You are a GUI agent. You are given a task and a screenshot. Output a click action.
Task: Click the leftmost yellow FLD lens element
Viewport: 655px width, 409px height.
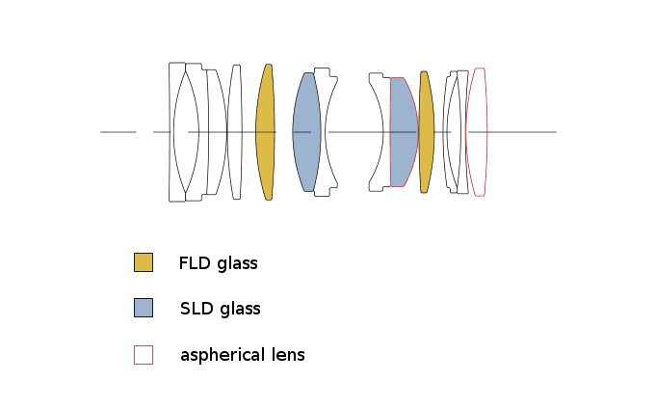(x=265, y=132)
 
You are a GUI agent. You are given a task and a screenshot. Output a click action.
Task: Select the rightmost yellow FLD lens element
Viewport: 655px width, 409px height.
(x=426, y=132)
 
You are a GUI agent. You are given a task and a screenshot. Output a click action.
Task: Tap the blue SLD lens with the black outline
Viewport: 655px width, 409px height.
(x=305, y=132)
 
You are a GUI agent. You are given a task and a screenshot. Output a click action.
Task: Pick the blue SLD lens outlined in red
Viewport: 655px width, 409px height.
(x=402, y=132)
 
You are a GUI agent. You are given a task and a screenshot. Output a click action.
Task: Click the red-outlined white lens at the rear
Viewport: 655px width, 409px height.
(x=477, y=132)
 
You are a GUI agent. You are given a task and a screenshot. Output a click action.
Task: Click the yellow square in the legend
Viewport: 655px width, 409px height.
(x=144, y=262)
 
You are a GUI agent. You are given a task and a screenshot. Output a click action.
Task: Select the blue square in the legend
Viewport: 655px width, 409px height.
(x=144, y=308)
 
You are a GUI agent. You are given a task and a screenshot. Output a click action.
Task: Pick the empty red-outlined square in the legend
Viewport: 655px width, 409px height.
(x=144, y=354)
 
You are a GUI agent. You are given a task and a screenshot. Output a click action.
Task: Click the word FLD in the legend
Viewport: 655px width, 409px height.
(x=195, y=263)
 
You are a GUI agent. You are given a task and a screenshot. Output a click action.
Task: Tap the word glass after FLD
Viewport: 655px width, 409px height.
(x=237, y=263)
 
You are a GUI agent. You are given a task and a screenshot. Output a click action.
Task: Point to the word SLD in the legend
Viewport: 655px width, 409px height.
(x=196, y=309)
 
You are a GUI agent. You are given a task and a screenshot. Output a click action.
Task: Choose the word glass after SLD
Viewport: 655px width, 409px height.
(x=239, y=309)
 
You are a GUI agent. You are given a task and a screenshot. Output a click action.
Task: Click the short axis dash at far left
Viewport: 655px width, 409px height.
(x=118, y=132)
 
